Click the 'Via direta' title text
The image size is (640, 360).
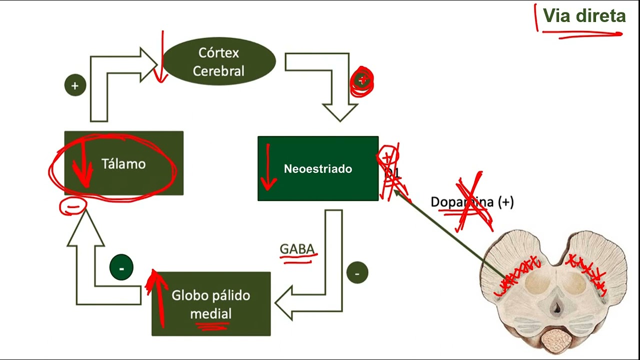tap(584, 16)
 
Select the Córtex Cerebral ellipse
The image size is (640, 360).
tap(219, 61)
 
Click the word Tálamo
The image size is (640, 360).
tap(123, 164)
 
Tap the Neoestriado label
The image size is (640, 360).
tap(317, 169)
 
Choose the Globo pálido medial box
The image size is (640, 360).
tap(211, 303)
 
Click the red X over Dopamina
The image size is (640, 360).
tap(471, 202)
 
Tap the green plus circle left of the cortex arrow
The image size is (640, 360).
tap(75, 85)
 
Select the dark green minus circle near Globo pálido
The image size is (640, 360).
tap(121, 268)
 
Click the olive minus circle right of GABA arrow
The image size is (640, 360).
tap(357, 273)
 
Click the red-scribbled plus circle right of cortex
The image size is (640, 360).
tap(362, 81)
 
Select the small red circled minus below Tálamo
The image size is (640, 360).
tap(73, 205)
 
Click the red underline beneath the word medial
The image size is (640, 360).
tap(212, 326)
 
